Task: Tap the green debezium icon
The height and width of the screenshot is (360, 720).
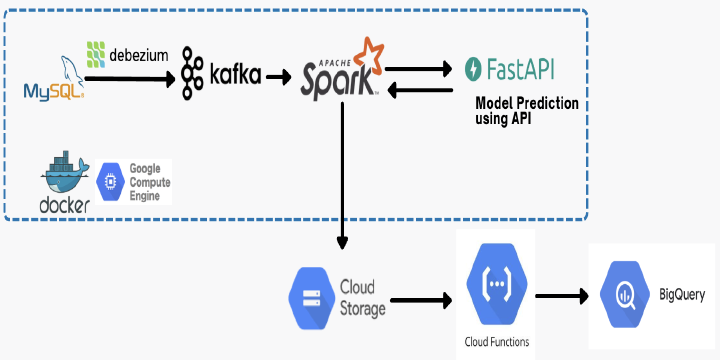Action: click(96, 54)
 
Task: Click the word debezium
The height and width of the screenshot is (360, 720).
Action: click(139, 55)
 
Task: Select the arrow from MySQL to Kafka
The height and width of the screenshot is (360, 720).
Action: click(130, 79)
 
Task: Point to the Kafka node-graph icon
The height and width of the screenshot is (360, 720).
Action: click(191, 73)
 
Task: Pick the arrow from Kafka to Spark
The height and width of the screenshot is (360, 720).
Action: click(278, 77)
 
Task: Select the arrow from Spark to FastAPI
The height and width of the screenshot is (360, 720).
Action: click(419, 69)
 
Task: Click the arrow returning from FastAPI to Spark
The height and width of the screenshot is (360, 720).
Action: click(421, 90)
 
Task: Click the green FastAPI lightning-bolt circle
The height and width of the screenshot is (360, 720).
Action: click(473, 69)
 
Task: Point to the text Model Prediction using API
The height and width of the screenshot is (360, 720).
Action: click(527, 111)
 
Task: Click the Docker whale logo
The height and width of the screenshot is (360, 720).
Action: click(65, 182)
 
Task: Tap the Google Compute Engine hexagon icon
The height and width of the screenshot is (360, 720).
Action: click(111, 182)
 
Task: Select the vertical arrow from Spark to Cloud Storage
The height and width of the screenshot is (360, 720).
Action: click(342, 175)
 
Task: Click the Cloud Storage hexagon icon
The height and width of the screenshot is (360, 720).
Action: click(311, 298)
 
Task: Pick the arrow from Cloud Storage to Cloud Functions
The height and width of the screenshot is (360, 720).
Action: click(421, 301)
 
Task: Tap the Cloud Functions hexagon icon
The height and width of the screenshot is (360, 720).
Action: click(496, 284)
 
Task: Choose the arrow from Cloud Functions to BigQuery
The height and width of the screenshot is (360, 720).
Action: click(562, 296)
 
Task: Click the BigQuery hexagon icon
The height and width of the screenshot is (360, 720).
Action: click(625, 294)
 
